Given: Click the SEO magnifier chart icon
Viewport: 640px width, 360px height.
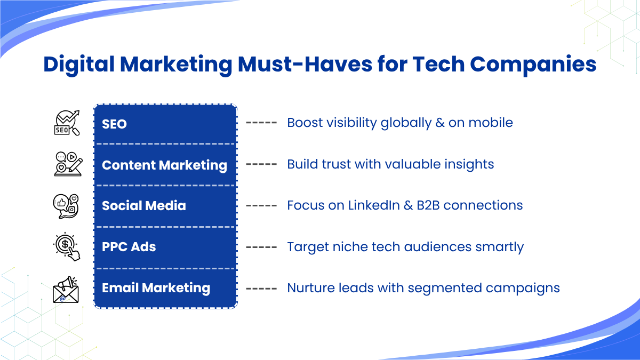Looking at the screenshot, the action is [67, 123].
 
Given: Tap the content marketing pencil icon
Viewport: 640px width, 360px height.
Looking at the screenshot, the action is [68, 164].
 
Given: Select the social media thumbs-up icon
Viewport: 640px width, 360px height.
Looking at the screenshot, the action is [66, 206].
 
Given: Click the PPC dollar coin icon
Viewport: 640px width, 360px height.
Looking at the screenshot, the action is [67, 246].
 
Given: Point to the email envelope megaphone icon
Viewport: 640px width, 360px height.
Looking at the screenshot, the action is [66, 290].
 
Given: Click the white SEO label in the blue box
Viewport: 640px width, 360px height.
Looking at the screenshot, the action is [114, 124].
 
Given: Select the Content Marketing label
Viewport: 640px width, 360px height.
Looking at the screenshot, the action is [165, 165].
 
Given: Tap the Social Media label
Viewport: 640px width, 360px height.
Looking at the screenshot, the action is [143, 206].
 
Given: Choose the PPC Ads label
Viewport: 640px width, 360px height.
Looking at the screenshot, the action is [129, 247].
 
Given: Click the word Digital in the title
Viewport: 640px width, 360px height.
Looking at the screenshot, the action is [79, 65].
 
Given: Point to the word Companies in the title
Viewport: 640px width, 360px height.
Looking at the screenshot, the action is [533, 65].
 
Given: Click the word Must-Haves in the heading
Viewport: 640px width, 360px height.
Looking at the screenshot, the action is [305, 64].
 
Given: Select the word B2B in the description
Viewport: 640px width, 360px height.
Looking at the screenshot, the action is [428, 205].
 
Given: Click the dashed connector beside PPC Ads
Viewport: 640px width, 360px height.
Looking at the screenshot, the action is [261, 247].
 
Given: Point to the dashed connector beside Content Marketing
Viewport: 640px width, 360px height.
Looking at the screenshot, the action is [261, 164].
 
